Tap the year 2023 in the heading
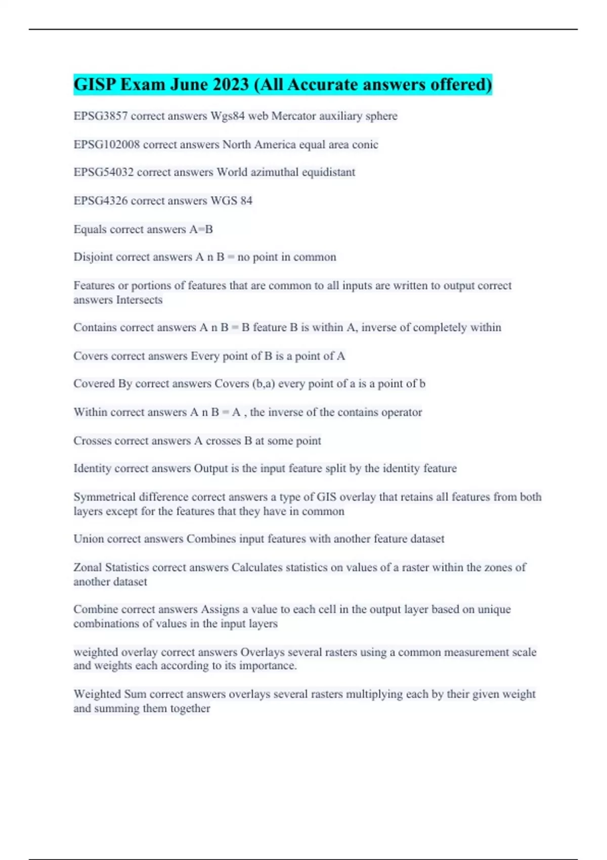click(x=231, y=84)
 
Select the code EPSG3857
click(x=101, y=116)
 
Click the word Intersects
click(x=139, y=300)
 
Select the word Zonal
click(x=88, y=568)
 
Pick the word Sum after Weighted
click(x=135, y=694)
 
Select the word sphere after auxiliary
click(x=381, y=116)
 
